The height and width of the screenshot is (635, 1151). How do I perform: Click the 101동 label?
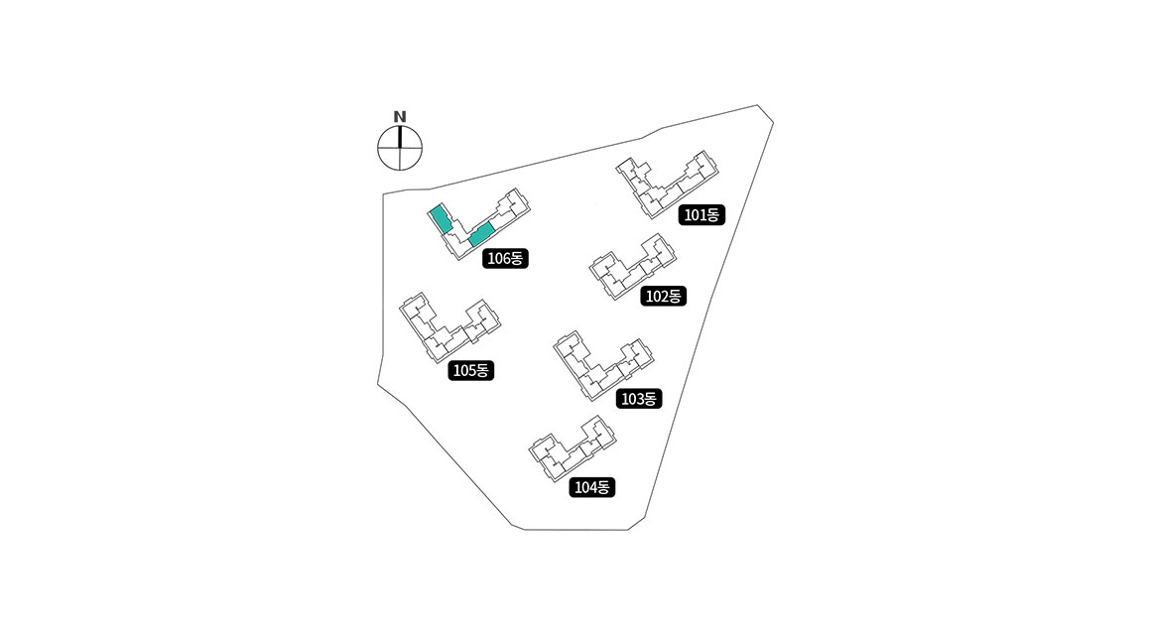tap(703, 214)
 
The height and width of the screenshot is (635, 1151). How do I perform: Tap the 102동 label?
tap(663, 296)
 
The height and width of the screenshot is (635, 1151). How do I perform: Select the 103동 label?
tap(638, 399)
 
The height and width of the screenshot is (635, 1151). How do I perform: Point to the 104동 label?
tap(593, 487)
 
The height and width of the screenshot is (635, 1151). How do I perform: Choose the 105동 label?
tap(470, 371)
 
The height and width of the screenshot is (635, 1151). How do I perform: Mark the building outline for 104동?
tap(571, 446)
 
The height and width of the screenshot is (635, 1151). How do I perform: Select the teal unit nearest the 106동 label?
tap(480, 235)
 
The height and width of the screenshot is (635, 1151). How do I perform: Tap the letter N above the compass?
tap(400, 116)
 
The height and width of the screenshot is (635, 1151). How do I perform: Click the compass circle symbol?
tap(400, 150)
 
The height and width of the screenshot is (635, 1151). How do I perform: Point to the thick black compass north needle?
tap(400, 137)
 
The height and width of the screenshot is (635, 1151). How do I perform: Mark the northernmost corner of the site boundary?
tap(758, 105)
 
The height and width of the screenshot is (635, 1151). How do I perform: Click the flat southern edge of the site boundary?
tap(575, 530)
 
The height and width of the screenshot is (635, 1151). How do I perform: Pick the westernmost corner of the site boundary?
tap(377, 385)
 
